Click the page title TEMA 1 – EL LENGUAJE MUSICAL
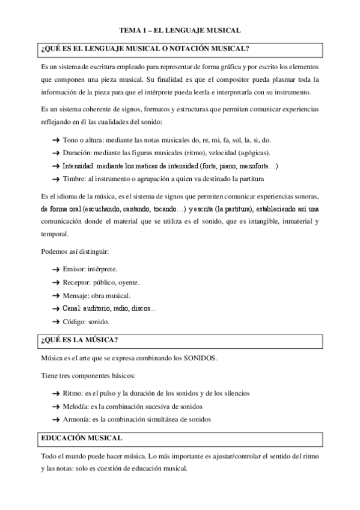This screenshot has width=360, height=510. (x=180, y=29)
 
